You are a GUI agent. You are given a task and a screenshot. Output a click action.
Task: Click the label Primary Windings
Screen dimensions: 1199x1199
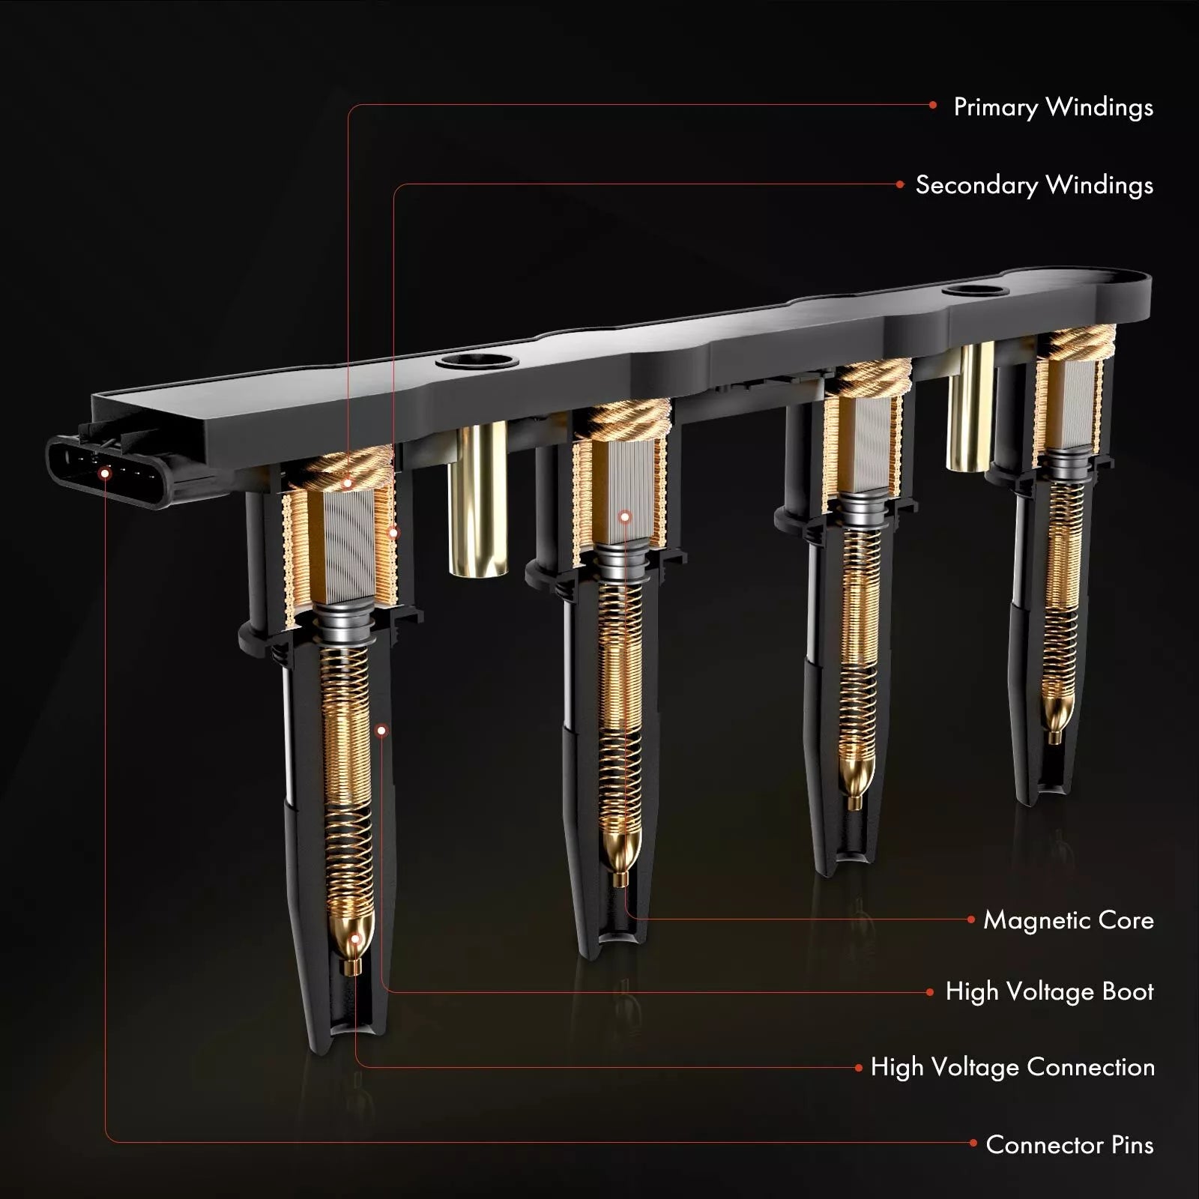tap(1053, 107)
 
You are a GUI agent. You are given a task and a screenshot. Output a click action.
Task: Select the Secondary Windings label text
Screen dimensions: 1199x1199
tap(1034, 185)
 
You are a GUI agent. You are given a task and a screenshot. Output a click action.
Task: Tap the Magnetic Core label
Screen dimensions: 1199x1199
tap(1069, 920)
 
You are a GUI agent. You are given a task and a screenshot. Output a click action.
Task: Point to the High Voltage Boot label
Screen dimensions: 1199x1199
tap(1049, 991)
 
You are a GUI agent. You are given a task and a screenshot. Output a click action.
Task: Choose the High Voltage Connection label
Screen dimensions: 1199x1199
tap(1012, 1067)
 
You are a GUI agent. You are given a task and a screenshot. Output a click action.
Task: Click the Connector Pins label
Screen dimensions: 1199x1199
tap(1069, 1144)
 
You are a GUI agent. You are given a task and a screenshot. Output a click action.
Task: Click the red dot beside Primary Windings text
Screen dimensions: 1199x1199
tap(933, 106)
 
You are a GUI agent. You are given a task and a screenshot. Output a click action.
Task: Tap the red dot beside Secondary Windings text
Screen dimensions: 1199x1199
tap(900, 184)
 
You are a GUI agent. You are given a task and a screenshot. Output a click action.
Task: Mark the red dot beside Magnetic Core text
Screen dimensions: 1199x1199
tap(971, 919)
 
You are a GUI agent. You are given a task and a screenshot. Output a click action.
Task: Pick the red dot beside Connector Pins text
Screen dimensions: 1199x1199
tap(973, 1143)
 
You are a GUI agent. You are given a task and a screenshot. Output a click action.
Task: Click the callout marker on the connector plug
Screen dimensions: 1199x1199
tap(105, 474)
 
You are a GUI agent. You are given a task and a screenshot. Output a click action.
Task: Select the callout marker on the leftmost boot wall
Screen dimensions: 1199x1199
tap(382, 730)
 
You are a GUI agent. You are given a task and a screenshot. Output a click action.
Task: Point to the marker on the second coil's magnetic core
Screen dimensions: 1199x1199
tap(625, 517)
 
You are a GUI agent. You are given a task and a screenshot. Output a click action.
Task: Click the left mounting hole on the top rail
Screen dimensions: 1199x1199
tap(477, 360)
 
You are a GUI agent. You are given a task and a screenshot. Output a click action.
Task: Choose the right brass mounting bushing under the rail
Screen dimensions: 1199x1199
tap(970, 407)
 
